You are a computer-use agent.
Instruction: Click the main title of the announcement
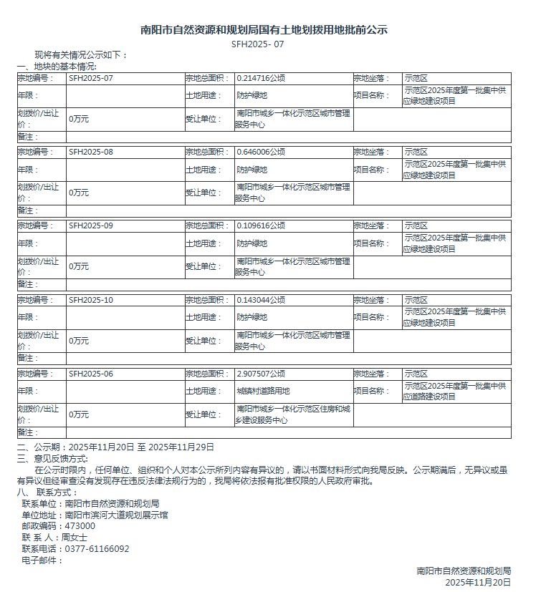[264, 30]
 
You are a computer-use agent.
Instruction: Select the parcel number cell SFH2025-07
[91, 78]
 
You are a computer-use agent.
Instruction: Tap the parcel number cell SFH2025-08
[91, 152]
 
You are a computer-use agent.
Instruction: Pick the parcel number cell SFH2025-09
[91, 225]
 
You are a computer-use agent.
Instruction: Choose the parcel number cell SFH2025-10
[91, 300]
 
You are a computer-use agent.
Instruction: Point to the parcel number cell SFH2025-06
[91, 374]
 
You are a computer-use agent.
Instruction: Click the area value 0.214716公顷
[261, 78]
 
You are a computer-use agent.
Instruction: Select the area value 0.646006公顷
[261, 152]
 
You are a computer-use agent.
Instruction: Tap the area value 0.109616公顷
[261, 225]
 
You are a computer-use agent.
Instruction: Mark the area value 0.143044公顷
[261, 300]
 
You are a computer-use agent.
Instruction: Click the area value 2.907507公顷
[261, 374]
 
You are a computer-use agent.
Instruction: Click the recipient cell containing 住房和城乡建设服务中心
[293, 414]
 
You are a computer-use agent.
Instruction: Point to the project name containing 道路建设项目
[454, 392]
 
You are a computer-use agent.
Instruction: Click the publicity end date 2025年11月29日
[181, 447]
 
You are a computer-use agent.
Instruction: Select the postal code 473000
[80, 525]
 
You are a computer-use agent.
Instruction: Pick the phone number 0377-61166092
[97, 548]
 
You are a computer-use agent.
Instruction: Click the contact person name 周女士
[75, 537]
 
